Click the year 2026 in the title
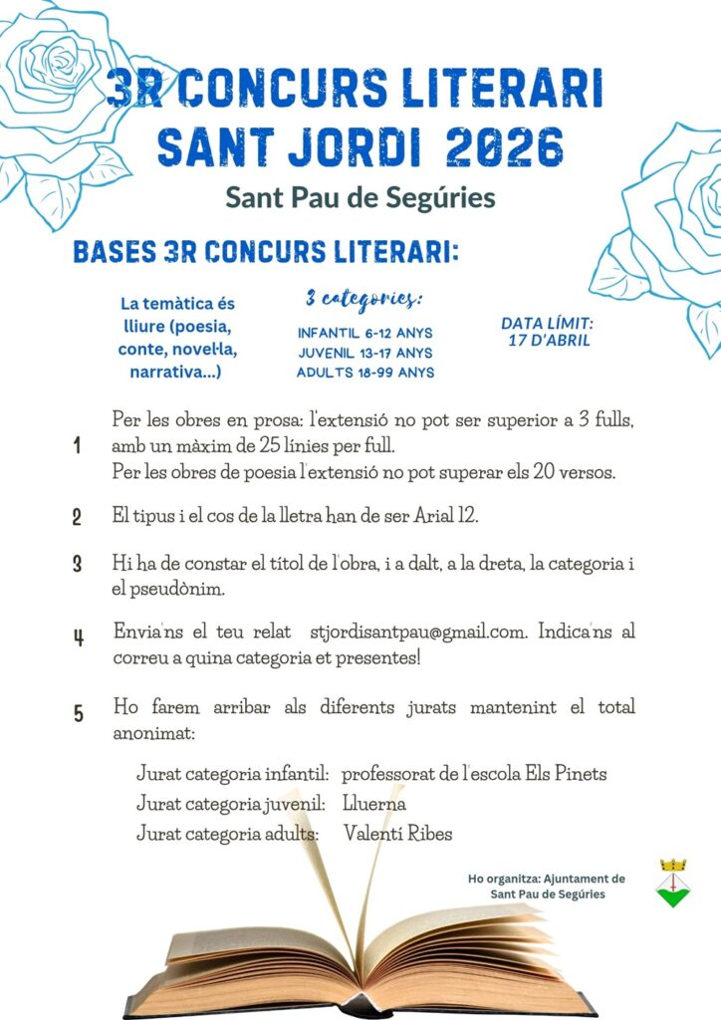click(505, 146)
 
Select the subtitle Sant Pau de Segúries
click(360, 197)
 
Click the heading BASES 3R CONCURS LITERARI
click(266, 253)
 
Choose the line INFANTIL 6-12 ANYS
click(364, 333)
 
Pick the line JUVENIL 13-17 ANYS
click(364, 353)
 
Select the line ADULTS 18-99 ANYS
click(364, 373)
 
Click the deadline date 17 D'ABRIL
click(546, 340)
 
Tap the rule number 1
click(78, 446)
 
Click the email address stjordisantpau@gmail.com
click(417, 632)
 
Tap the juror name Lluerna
click(373, 803)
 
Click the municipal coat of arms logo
click(674, 883)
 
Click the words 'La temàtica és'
click(177, 304)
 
